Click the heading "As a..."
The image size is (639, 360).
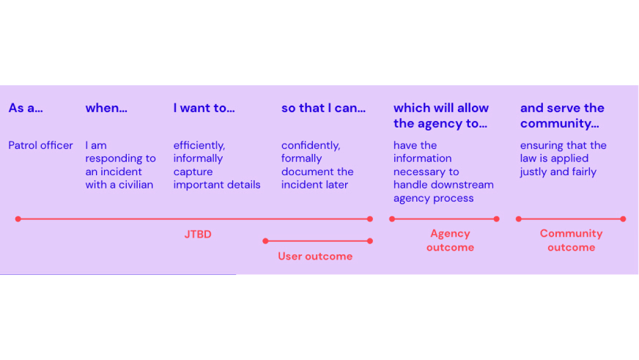pos(26,109)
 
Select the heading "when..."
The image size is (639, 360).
pos(106,109)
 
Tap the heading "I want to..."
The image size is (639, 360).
pos(204,109)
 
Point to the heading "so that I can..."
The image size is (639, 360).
pos(323,109)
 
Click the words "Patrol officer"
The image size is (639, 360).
pos(41,145)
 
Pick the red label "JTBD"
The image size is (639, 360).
pos(198,235)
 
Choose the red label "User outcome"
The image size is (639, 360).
pos(315,256)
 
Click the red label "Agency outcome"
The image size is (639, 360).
pos(450,240)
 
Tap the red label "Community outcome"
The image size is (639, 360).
pos(571,240)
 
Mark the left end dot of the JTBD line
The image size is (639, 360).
pos(18,218)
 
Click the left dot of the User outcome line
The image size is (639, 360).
pos(265,240)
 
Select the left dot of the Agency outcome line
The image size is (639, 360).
pos(392,218)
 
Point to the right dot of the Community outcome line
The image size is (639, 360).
pos(623,218)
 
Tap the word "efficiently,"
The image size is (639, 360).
pos(199,145)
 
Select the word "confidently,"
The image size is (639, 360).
pos(311,145)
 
